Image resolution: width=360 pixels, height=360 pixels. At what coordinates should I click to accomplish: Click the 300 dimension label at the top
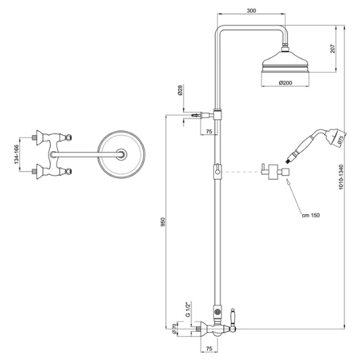[x=251, y=11]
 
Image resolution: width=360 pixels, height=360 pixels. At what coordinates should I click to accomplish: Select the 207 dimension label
[x=332, y=49]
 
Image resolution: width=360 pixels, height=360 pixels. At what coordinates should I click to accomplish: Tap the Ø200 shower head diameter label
[x=286, y=83]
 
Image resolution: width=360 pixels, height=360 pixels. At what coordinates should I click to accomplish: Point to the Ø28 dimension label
[x=180, y=90]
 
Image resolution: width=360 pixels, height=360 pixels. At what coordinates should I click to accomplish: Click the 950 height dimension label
[x=163, y=222]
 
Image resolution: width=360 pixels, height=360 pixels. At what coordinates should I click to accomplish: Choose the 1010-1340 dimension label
[x=341, y=177]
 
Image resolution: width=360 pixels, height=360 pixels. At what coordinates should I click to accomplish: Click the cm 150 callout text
[x=311, y=215]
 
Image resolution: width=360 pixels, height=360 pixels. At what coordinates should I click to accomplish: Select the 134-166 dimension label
[x=17, y=154]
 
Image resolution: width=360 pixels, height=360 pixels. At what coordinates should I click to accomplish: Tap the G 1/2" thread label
[x=188, y=310]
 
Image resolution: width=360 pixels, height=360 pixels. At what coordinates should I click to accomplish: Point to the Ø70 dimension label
[x=174, y=329]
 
